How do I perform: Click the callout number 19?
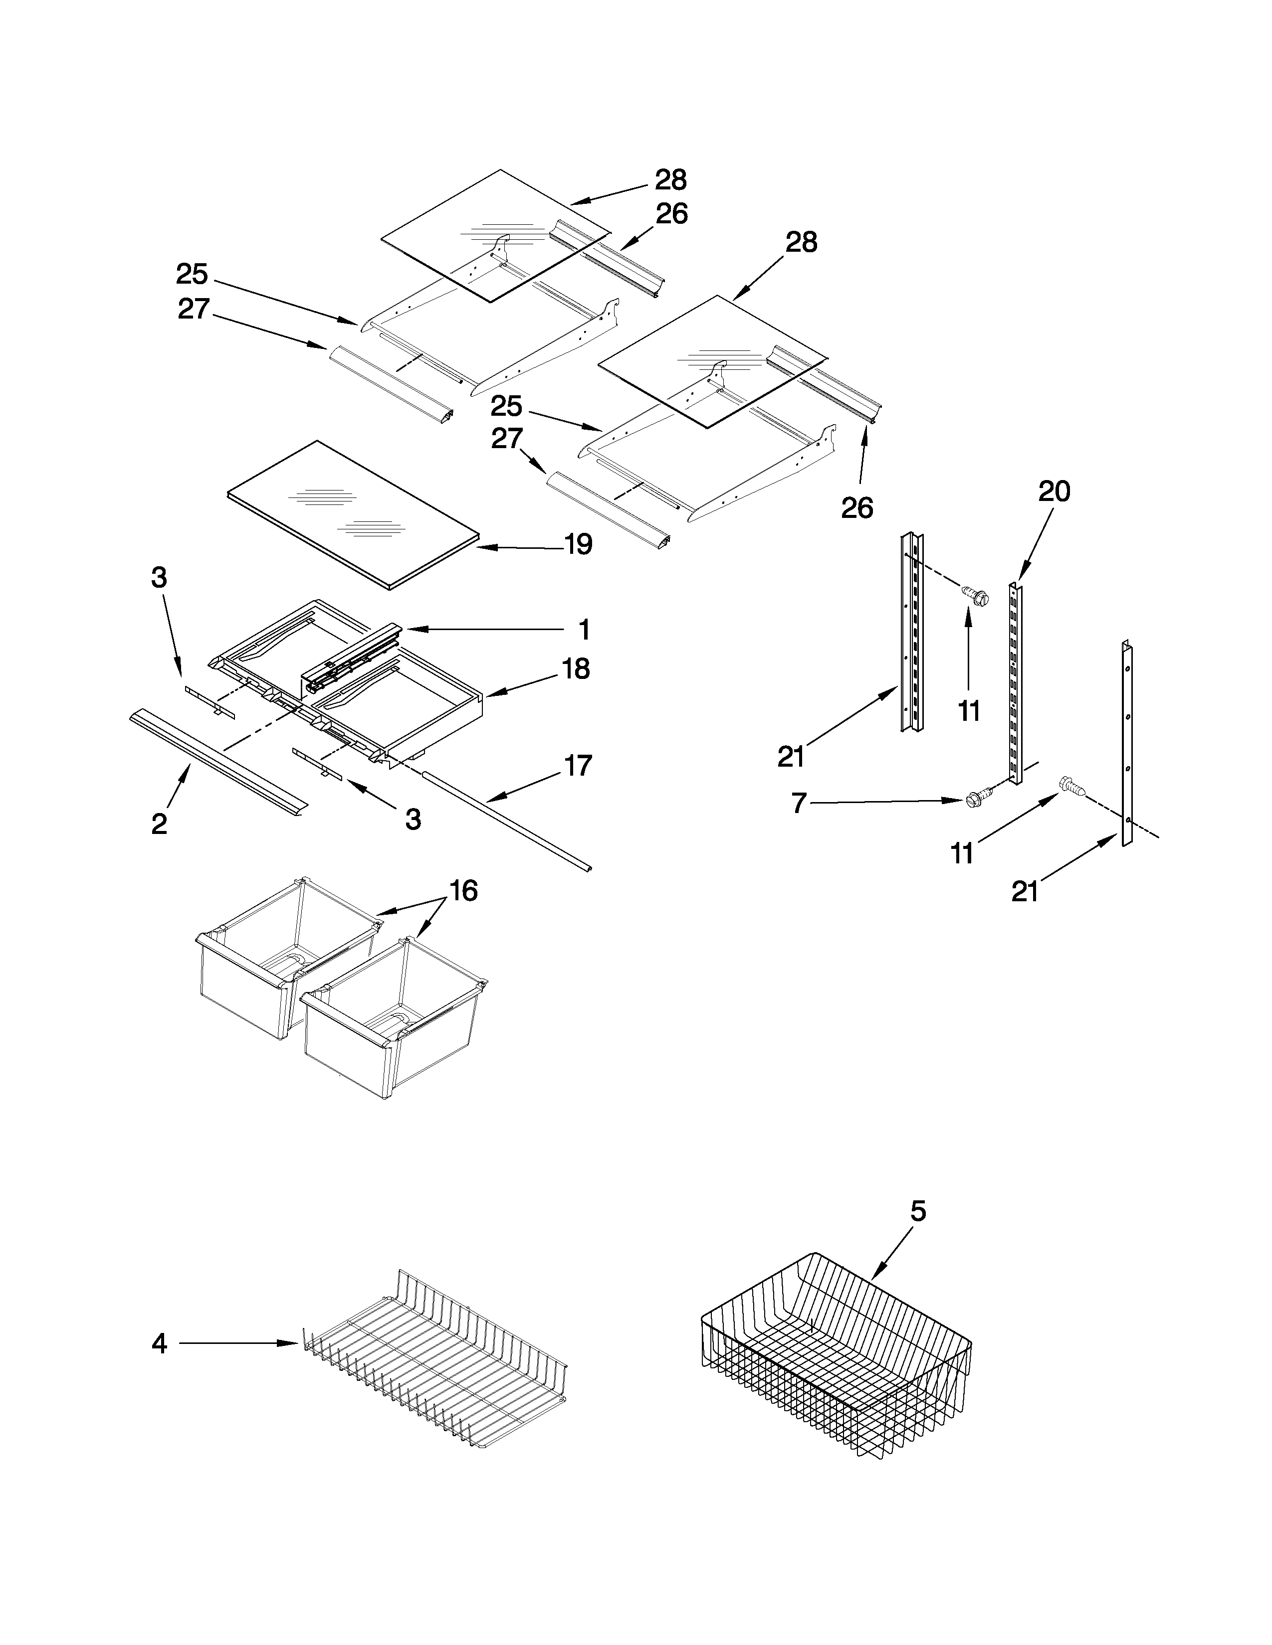(578, 544)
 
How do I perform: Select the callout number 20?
(1054, 492)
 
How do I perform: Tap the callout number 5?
(917, 1211)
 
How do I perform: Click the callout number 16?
(463, 891)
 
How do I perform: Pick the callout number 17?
(578, 766)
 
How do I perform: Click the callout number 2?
(159, 824)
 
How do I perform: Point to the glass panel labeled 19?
(354, 512)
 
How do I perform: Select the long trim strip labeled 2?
(218, 761)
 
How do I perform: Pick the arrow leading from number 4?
(237, 1343)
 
